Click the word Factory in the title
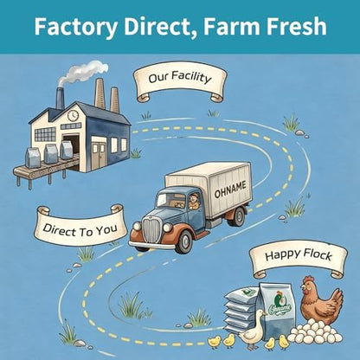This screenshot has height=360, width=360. click(x=76, y=27)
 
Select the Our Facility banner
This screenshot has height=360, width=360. click(x=180, y=81)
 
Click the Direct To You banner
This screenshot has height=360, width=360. click(x=80, y=226)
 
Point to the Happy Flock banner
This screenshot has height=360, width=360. click(x=299, y=258)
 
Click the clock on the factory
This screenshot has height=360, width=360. click(x=73, y=115)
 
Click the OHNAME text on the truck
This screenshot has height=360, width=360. click(x=230, y=190)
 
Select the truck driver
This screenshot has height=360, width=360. click(x=194, y=201)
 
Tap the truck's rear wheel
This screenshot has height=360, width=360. click(x=239, y=216)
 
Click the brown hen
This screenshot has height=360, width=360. click(x=321, y=300)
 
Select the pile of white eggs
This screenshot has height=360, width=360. click(x=315, y=332)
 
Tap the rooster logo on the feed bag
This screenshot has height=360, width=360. click(x=279, y=300)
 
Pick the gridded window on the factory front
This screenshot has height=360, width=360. click(x=45, y=134)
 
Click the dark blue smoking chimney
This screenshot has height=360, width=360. click(x=61, y=98)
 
